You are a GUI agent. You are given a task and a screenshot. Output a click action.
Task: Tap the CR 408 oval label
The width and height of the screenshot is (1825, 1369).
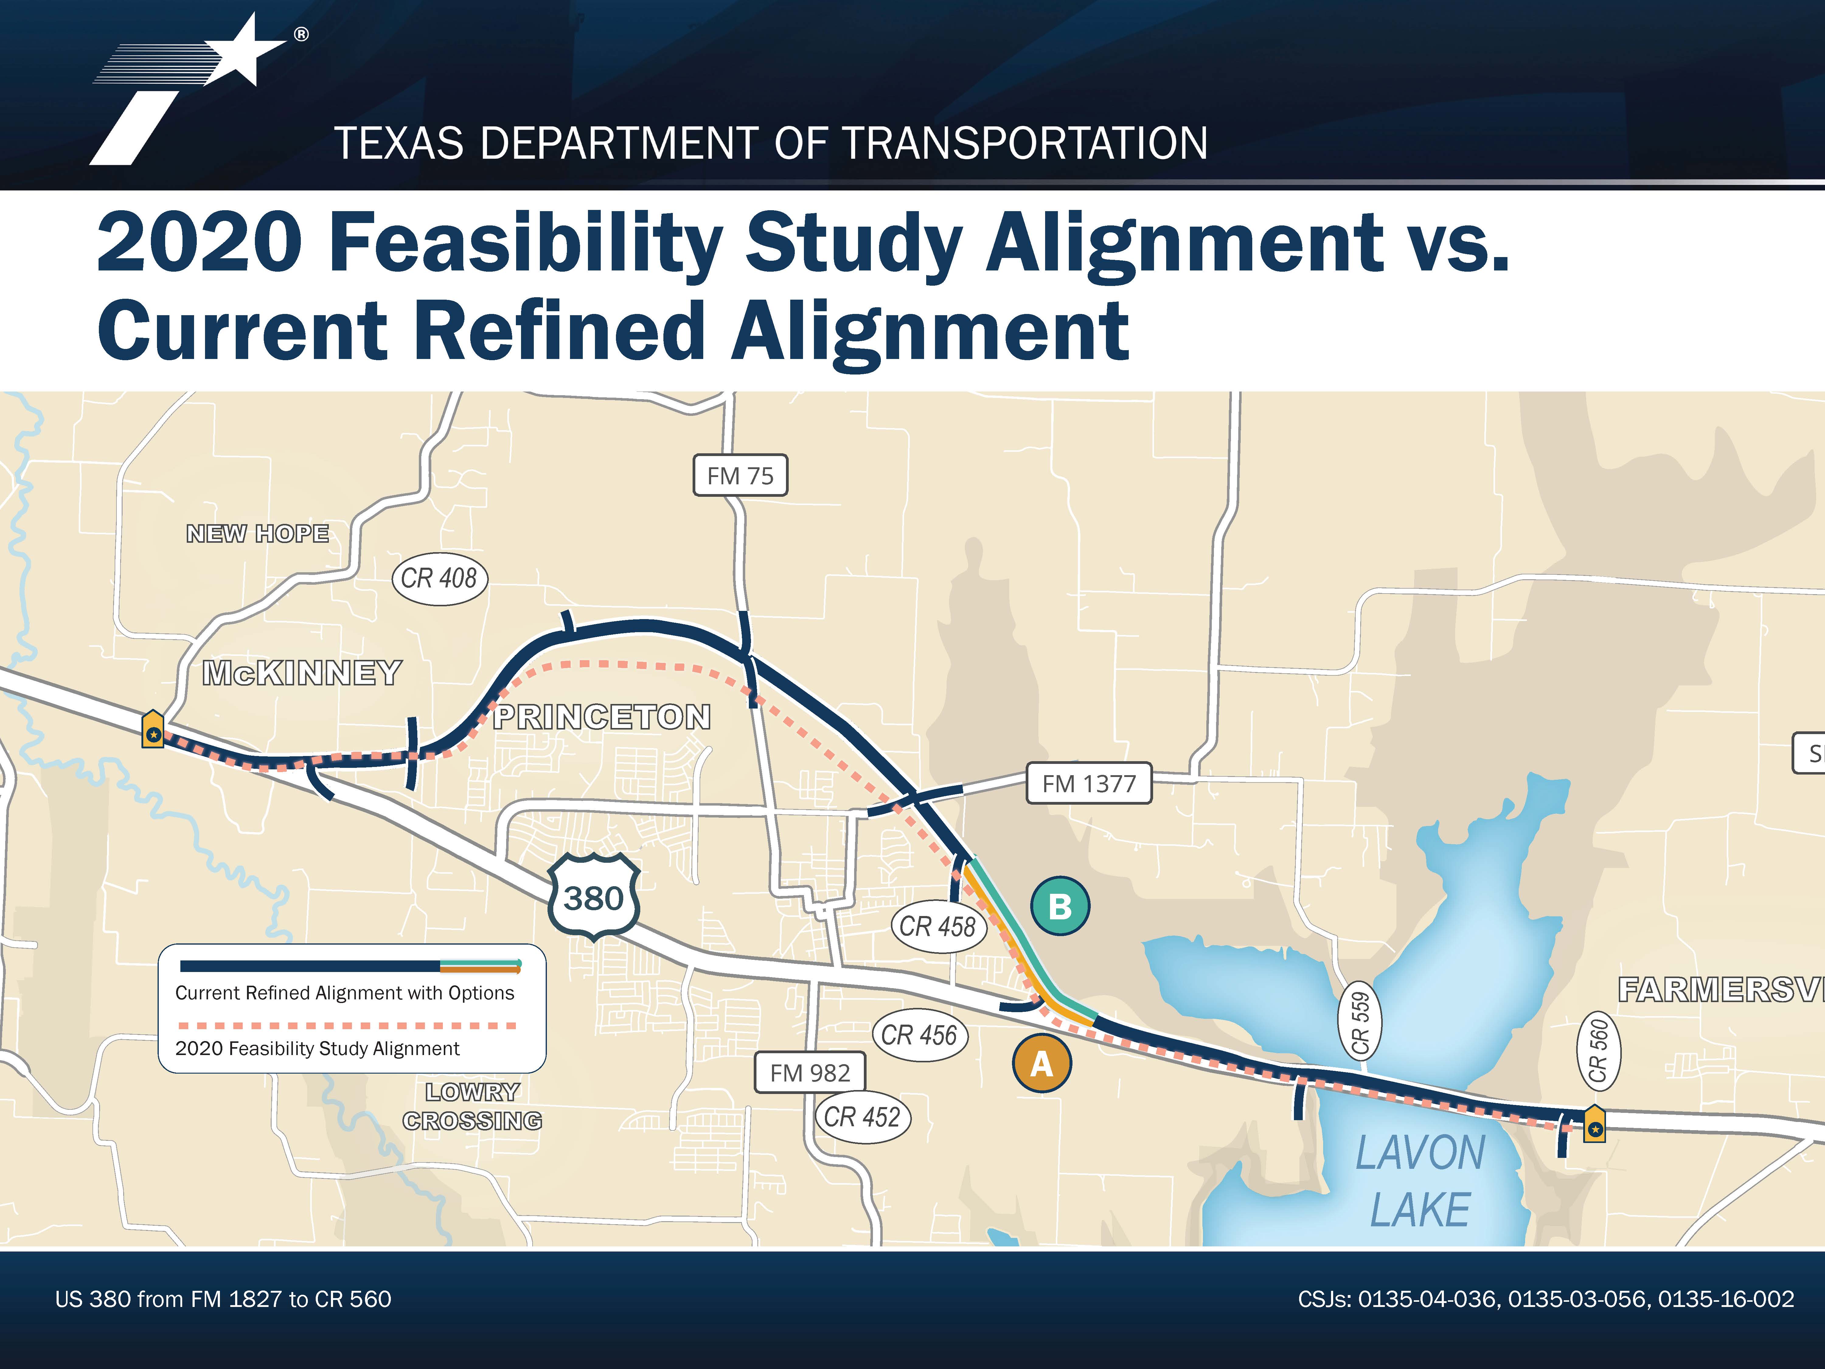click(439, 578)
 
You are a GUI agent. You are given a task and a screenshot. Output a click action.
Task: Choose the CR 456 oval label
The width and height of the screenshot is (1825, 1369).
click(919, 1035)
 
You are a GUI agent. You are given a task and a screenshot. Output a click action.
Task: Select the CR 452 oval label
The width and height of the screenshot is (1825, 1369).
click(862, 1117)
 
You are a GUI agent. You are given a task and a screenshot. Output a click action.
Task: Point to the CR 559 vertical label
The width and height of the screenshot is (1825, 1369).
click(1360, 1023)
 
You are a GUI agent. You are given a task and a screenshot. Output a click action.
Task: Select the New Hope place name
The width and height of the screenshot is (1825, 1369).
click(257, 534)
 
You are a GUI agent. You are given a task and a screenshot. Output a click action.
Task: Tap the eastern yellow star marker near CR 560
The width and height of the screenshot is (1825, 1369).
click(1594, 1125)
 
